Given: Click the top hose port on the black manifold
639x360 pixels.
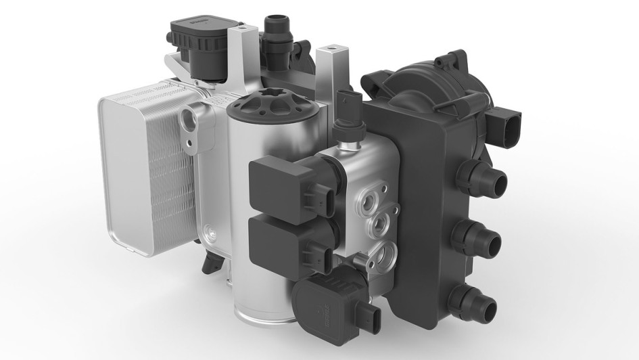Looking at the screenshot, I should pos(492,181).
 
